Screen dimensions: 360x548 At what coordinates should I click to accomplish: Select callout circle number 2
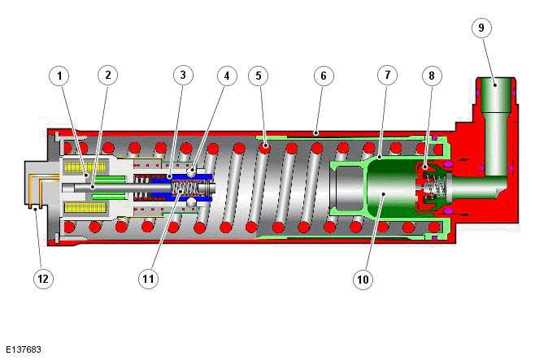click(x=107, y=76)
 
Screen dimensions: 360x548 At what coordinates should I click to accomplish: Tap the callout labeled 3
click(x=182, y=76)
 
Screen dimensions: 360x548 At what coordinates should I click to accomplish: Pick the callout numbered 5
click(x=259, y=76)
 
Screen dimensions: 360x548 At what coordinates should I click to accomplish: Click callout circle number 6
click(x=323, y=76)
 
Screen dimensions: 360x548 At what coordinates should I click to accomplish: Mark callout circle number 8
click(x=433, y=76)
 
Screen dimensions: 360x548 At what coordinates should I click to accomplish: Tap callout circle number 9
click(x=481, y=28)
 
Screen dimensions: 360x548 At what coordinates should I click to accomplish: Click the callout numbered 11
click(x=147, y=279)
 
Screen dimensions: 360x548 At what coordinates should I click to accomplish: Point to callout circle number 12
click(x=44, y=279)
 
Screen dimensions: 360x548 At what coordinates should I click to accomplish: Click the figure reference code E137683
click(x=22, y=350)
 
